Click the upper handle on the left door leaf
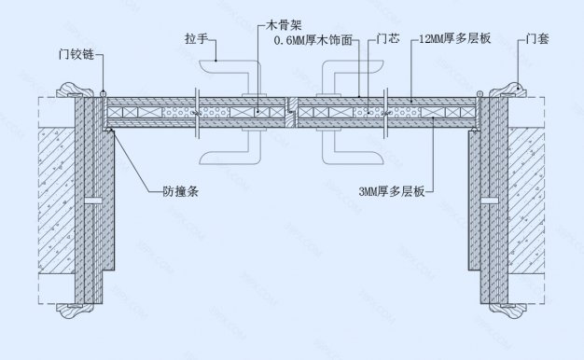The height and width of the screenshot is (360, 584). (x=229, y=72)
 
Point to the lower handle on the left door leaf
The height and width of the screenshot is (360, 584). (x=229, y=150)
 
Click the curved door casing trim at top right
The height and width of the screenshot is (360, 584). (x=510, y=90)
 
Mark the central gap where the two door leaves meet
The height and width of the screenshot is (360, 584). (x=292, y=113)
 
